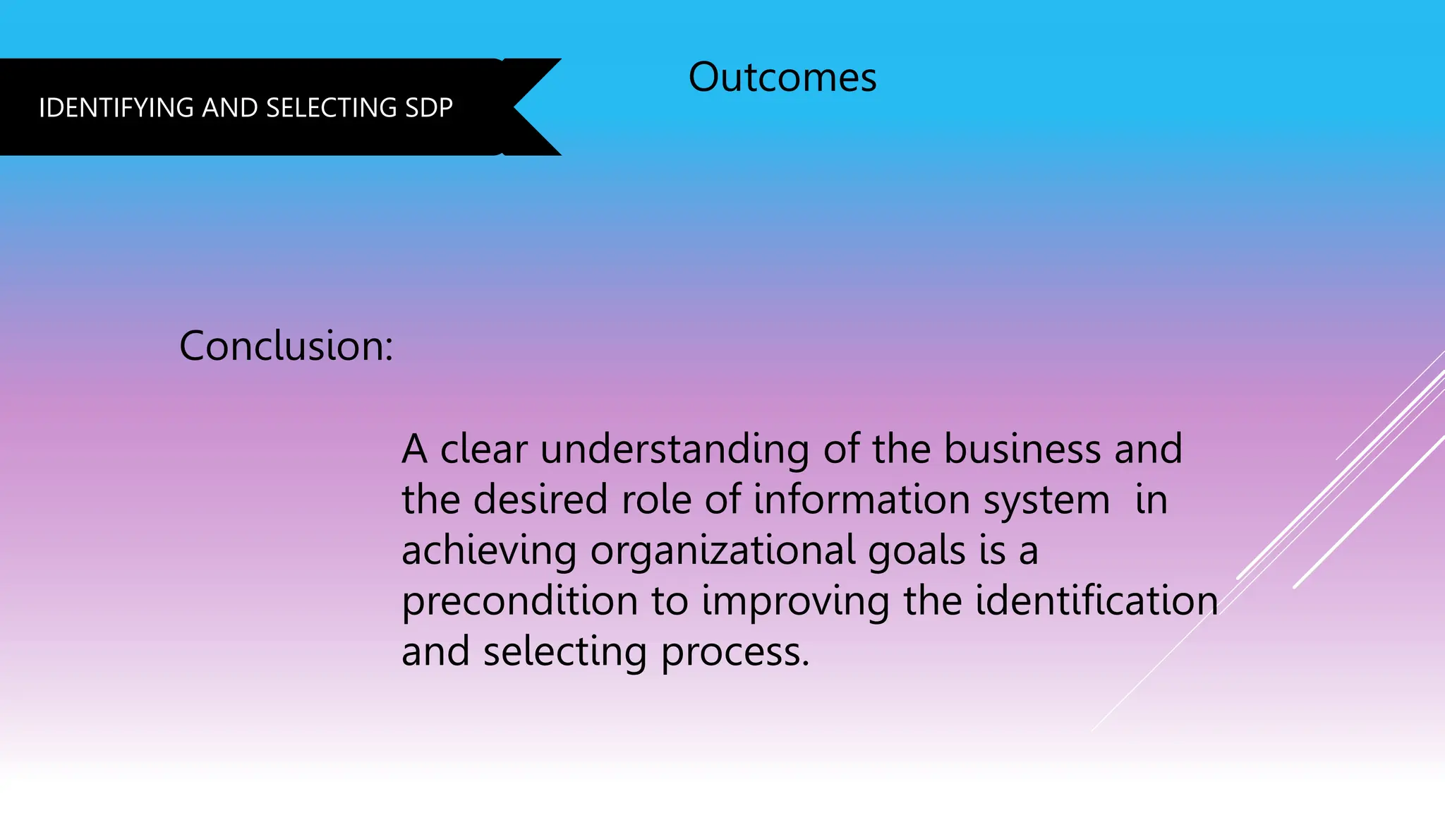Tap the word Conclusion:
(x=286, y=346)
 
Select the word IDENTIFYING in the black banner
(x=116, y=108)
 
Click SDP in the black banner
(x=429, y=108)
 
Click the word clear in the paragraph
(x=483, y=449)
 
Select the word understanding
(x=675, y=450)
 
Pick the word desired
(x=540, y=500)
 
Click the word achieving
(x=489, y=551)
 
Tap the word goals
(x=917, y=551)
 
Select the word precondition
(x=519, y=602)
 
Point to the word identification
(x=1096, y=601)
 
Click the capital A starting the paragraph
(x=415, y=449)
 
